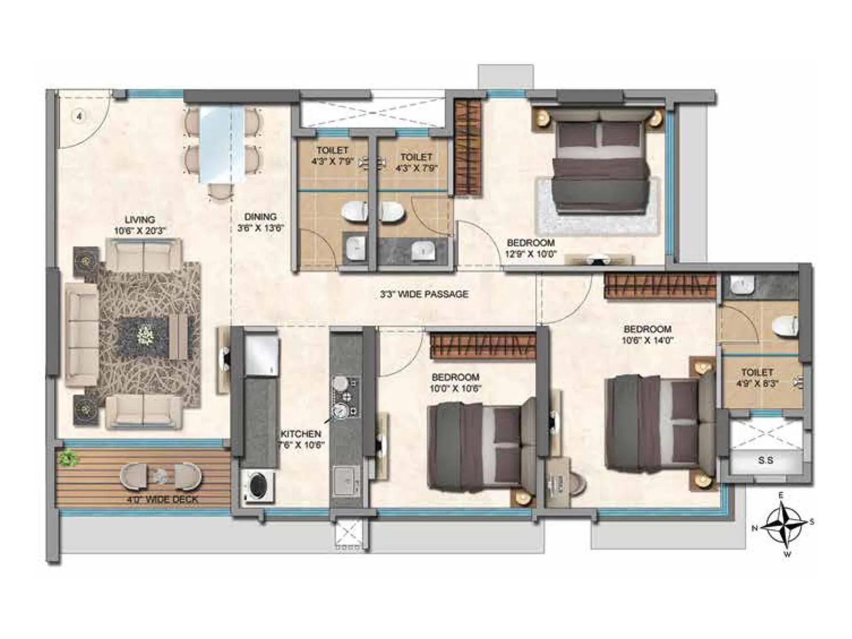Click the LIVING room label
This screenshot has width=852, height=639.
(x=140, y=219)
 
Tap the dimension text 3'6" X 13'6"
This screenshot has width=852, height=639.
(x=260, y=228)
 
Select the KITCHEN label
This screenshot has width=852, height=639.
(x=301, y=434)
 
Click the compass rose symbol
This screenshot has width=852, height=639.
(x=782, y=525)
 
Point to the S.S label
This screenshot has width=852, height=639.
(x=765, y=460)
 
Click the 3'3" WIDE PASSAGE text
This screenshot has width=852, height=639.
(x=424, y=294)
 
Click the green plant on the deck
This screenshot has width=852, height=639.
(x=68, y=458)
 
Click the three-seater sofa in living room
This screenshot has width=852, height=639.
(x=81, y=334)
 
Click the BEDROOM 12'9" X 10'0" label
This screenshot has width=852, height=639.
(x=530, y=248)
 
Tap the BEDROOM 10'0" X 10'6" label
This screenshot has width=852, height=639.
(x=455, y=382)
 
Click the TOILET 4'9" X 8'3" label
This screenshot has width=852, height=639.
(x=757, y=377)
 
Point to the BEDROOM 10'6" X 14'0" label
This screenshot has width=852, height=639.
(x=648, y=334)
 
